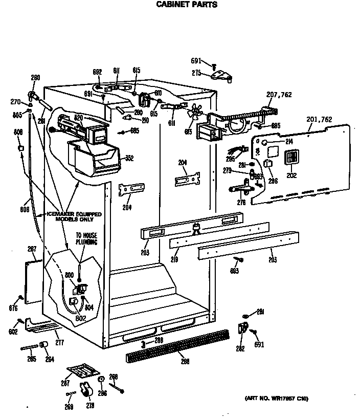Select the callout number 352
click(129, 158)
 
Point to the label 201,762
click(320, 120)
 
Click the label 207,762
click(279, 94)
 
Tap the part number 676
click(13, 308)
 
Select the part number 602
click(13, 332)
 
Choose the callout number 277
click(60, 342)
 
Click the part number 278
click(90, 406)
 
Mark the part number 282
click(240, 349)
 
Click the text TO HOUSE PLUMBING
click(86, 239)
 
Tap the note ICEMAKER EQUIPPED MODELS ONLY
click(74, 216)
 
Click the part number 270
click(16, 102)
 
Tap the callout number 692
click(97, 71)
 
